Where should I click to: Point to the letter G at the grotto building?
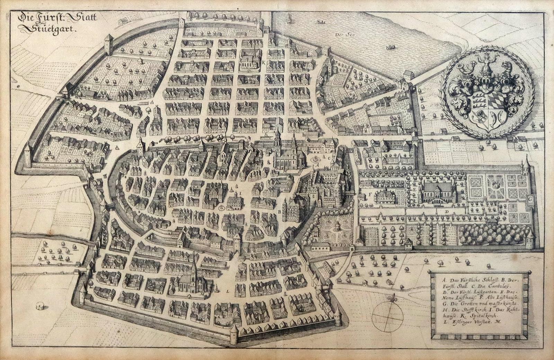(530, 199)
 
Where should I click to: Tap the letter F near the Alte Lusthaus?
(370, 195)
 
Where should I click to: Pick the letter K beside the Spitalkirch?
(263, 63)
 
